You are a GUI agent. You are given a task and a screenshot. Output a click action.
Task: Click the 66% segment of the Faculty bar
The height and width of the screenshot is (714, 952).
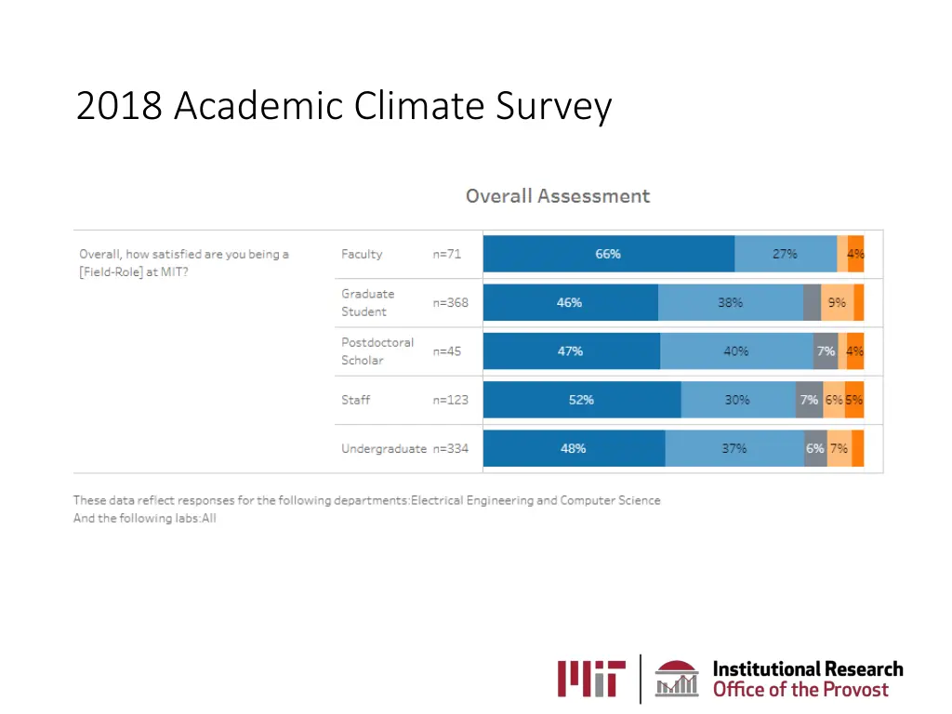(609, 254)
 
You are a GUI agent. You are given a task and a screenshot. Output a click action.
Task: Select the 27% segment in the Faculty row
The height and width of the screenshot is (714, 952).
(786, 254)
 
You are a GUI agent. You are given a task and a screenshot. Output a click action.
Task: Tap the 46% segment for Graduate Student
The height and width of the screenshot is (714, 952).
(570, 302)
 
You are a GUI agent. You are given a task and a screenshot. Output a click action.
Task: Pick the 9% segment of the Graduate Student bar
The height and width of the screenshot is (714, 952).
(837, 302)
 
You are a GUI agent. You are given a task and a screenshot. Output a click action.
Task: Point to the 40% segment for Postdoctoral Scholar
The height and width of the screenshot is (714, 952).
(736, 351)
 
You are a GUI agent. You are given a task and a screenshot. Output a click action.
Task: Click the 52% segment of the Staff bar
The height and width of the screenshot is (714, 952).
(582, 400)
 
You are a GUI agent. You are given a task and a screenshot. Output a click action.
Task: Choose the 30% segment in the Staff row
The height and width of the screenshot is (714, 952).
(738, 400)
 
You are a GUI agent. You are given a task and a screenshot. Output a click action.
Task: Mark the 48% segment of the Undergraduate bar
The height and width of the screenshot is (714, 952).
(574, 448)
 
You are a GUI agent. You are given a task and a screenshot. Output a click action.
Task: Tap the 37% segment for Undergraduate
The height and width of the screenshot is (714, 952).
(734, 448)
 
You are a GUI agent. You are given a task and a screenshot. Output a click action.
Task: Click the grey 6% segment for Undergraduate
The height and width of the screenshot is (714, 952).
(815, 448)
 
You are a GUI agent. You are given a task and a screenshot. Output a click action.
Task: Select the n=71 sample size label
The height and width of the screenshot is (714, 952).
(446, 254)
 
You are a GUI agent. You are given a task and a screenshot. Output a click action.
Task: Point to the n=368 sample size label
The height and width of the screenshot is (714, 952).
(450, 302)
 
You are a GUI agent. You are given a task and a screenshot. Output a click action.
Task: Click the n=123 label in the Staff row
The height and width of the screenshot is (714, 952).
(450, 400)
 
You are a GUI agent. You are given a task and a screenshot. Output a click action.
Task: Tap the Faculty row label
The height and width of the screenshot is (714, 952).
(362, 254)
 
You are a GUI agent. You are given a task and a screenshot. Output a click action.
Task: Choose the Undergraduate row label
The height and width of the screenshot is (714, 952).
(383, 448)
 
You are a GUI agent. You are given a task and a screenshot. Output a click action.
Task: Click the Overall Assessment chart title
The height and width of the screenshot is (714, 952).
(557, 196)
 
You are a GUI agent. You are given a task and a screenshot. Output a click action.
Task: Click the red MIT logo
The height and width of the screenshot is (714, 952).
(592, 678)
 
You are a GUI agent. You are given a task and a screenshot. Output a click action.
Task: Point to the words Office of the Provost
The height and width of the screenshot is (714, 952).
(800, 690)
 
